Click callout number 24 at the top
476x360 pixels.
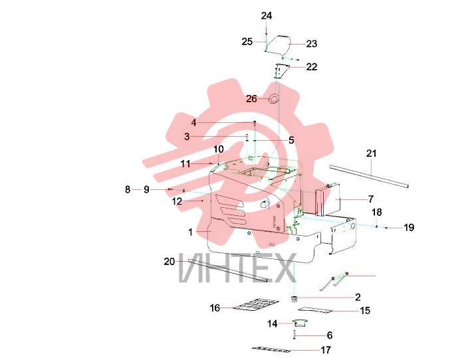pos(267,16)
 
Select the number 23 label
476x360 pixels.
pos(312,44)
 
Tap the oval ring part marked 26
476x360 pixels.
pos(274,98)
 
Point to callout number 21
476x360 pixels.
pos(371,153)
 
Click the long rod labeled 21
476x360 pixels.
pos(369,176)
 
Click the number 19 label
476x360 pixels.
pos(409,227)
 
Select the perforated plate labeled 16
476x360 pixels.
pos(255,306)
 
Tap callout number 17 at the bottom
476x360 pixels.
pos(326,350)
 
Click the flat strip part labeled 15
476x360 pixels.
pos(315,310)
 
